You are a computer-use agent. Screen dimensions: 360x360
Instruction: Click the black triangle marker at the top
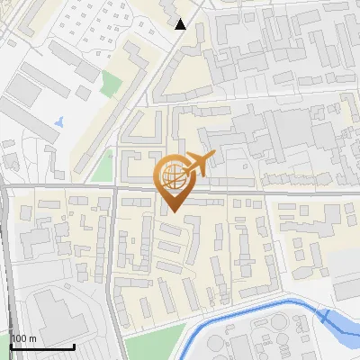click(x=181, y=24)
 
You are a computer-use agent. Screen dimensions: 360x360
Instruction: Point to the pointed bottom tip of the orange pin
click(x=172, y=212)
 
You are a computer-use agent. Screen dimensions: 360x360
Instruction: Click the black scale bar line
click(x=41, y=346)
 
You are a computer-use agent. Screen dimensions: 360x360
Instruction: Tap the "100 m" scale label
click(x=24, y=338)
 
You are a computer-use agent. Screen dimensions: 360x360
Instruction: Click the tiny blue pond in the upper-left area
click(x=59, y=120)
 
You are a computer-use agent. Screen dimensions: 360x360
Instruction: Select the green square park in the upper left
click(x=111, y=84)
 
